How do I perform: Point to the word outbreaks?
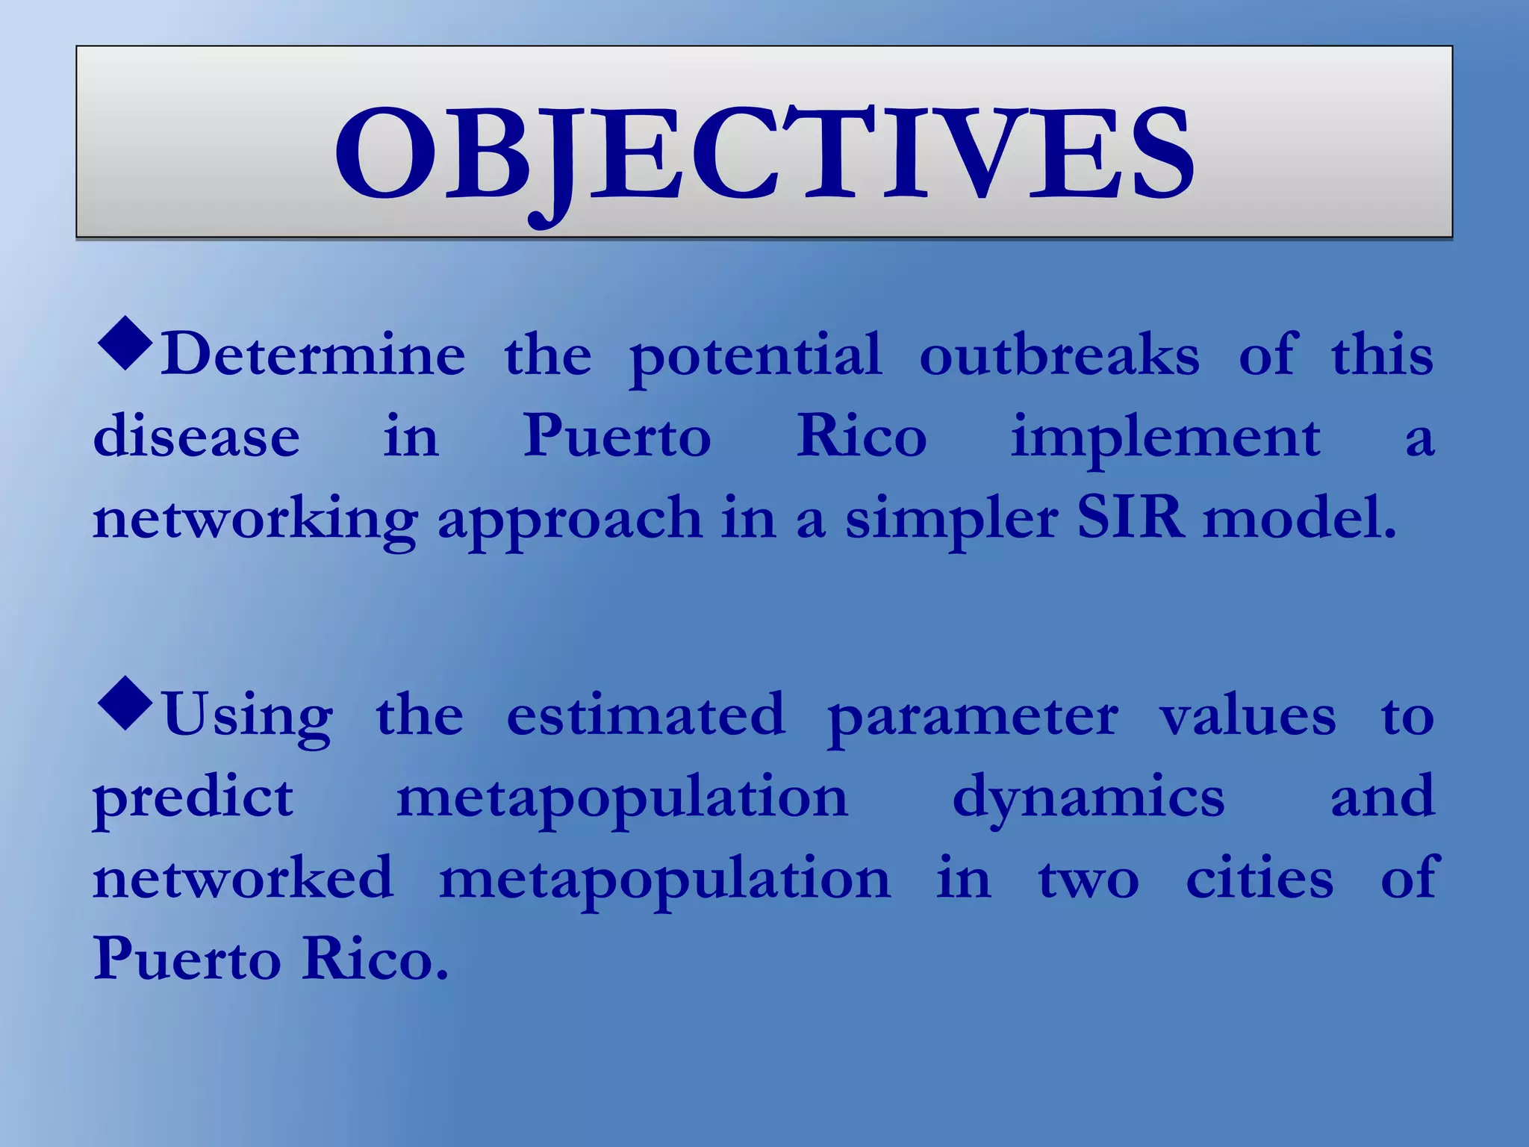click(x=1059, y=355)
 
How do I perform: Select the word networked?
click(x=243, y=878)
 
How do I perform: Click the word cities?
click(x=1259, y=878)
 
